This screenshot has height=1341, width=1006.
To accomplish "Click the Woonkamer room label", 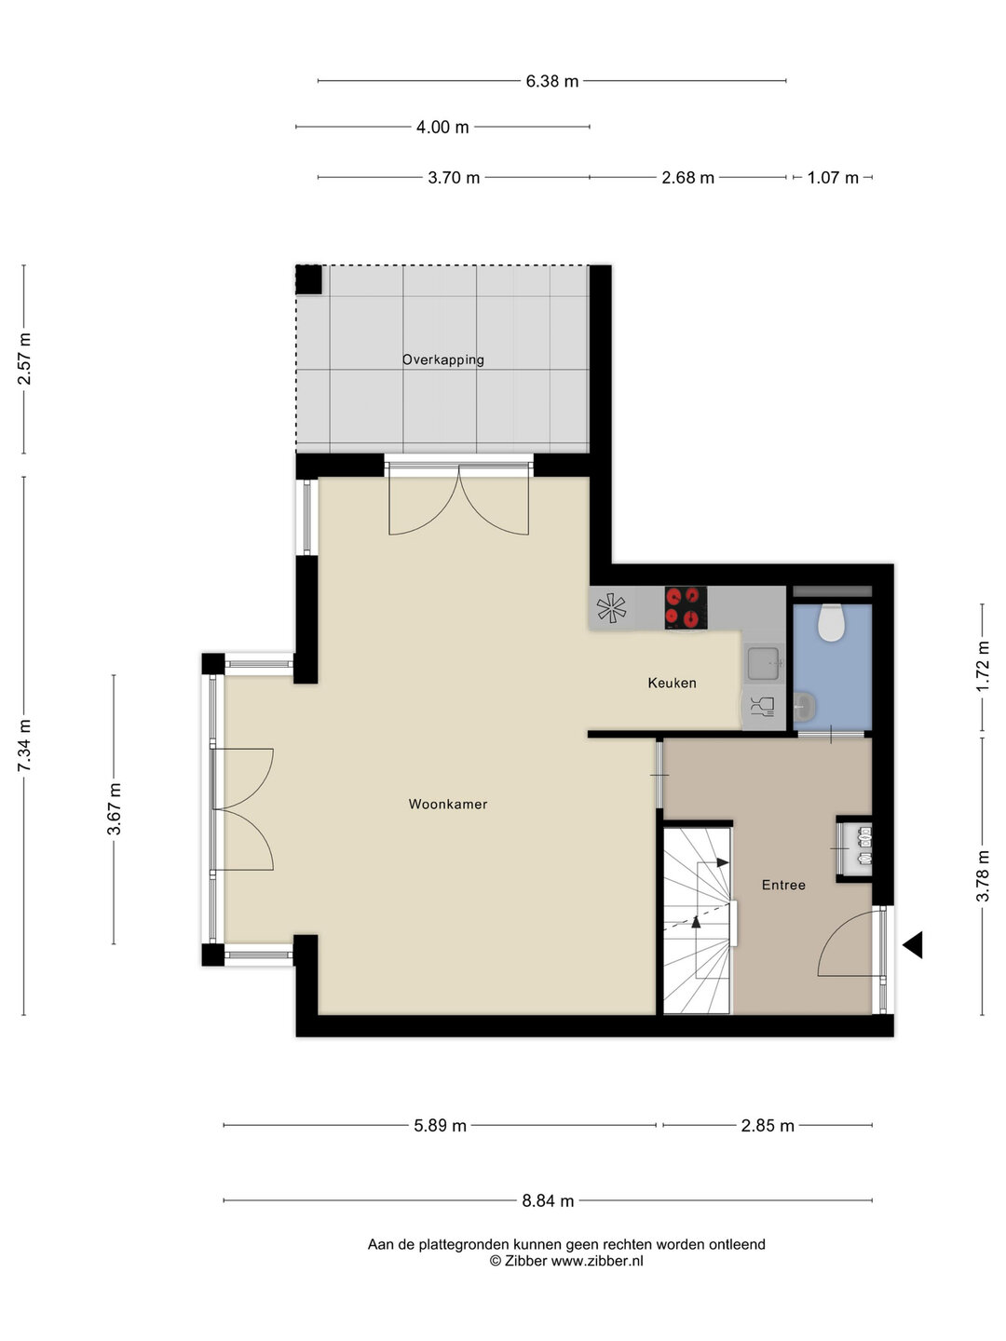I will coord(447,804).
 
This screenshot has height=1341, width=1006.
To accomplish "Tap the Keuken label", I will coord(672,683).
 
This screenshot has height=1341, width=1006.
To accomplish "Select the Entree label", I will coord(783,885).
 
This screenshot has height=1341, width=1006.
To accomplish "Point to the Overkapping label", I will coord(442,359).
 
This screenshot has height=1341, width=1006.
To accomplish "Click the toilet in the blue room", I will coord(831,622).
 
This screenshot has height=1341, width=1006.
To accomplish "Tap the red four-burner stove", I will coord(685,606).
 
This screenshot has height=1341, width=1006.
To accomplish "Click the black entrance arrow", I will coord(912,944).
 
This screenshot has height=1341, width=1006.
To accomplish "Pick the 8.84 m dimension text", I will coord(548,1200).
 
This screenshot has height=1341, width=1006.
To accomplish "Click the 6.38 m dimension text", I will coord(551,81).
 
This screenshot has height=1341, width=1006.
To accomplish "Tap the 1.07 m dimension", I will coord(832,177).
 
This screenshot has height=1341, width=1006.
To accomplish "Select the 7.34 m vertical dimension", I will coord(25,745).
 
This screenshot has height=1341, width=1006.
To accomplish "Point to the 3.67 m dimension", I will coord(115,808).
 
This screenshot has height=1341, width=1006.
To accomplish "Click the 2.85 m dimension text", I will coord(768,1125).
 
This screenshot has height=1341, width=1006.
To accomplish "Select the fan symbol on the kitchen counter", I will coord(612,608).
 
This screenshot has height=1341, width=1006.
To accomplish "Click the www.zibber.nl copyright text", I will coord(566,1261).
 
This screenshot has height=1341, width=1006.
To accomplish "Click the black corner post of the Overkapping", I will coord(308,279).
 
